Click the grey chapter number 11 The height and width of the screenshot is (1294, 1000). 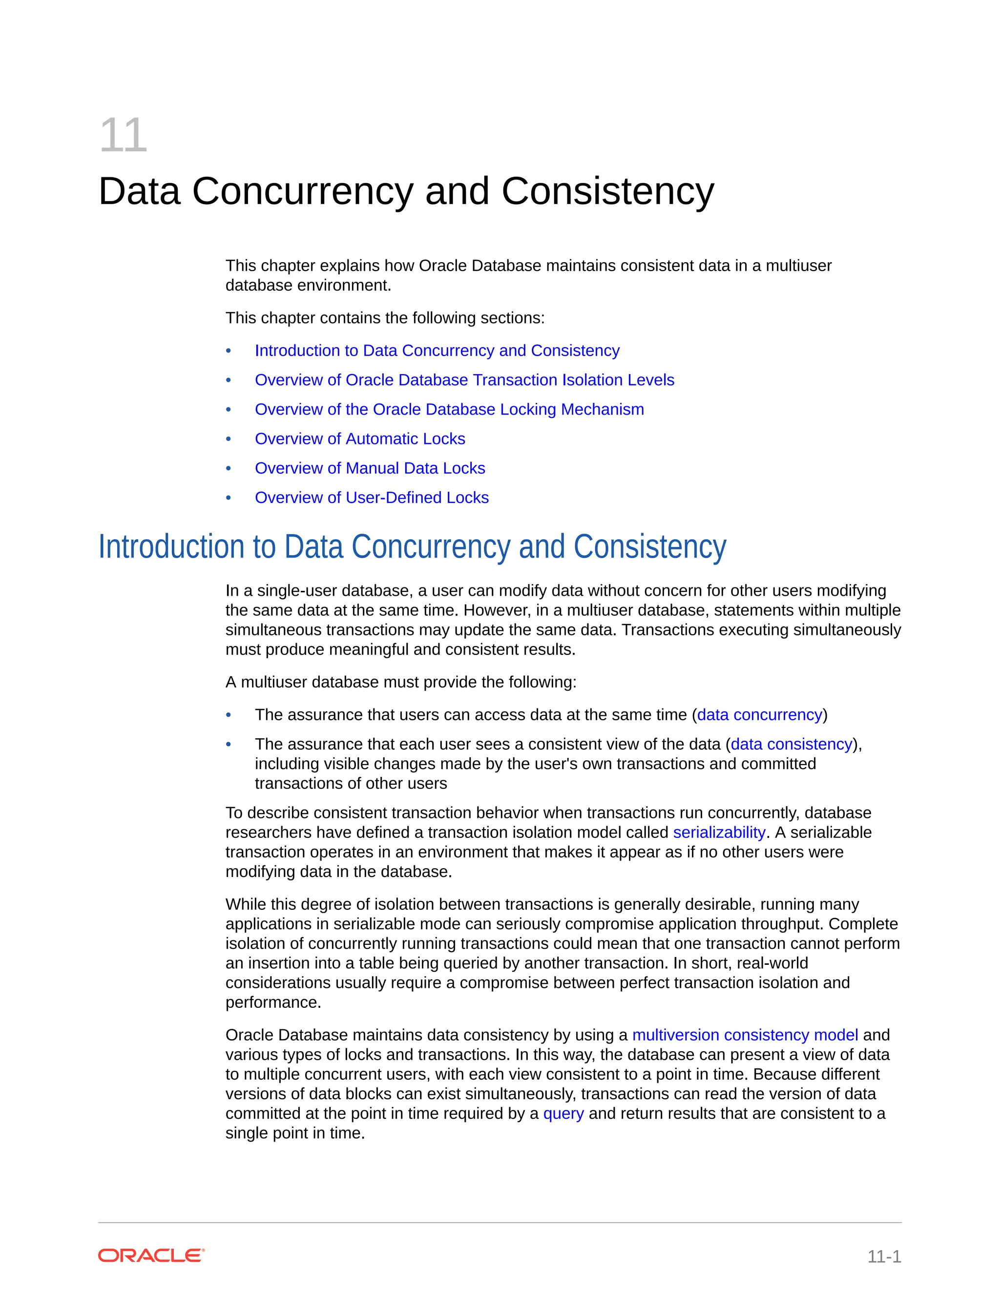(x=123, y=136)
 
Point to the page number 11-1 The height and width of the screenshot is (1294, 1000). (x=884, y=1256)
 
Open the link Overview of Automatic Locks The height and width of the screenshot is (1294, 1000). (x=359, y=439)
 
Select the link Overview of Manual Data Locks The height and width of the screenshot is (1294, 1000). (x=370, y=468)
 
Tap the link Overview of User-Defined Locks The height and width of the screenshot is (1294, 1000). (x=372, y=498)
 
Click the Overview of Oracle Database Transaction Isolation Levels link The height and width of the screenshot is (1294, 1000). (x=464, y=380)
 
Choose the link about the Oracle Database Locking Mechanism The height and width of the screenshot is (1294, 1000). (x=449, y=409)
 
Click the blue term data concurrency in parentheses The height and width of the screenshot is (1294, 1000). (x=759, y=715)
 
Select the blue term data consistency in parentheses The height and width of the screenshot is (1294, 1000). (x=791, y=744)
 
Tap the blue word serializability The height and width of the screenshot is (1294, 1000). (x=719, y=833)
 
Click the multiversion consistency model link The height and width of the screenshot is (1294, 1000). (x=745, y=1035)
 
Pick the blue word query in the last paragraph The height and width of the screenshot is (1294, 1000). (x=563, y=1113)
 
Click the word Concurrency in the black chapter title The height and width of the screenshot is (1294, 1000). (x=302, y=191)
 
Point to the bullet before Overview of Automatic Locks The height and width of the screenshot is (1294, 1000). (x=229, y=439)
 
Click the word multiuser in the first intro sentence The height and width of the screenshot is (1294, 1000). (x=798, y=266)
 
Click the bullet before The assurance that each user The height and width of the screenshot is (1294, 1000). (x=229, y=744)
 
